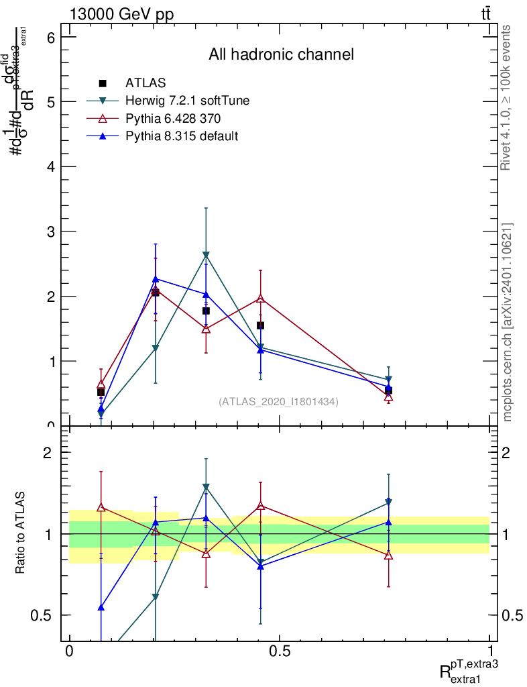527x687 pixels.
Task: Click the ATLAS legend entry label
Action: point(145,83)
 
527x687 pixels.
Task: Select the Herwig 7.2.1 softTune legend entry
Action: point(187,101)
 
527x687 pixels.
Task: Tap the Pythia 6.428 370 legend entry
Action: point(173,119)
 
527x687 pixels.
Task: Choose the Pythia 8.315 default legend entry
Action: point(182,136)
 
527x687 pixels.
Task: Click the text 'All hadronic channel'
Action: point(281,54)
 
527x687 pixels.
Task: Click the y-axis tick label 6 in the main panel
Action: point(51,38)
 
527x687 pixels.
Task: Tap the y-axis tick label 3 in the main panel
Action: point(51,231)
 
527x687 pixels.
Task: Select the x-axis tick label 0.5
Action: point(279,651)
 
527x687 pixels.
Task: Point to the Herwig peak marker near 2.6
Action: point(206,255)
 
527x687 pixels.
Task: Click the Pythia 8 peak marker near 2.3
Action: point(155,278)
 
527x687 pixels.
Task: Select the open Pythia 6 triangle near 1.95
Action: point(260,298)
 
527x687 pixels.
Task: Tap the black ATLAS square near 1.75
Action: point(206,311)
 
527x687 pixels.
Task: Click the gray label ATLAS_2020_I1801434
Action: point(278,402)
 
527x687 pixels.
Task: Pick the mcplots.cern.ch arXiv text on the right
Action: point(508,322)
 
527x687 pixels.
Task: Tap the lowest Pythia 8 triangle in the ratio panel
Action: point(101,607)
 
